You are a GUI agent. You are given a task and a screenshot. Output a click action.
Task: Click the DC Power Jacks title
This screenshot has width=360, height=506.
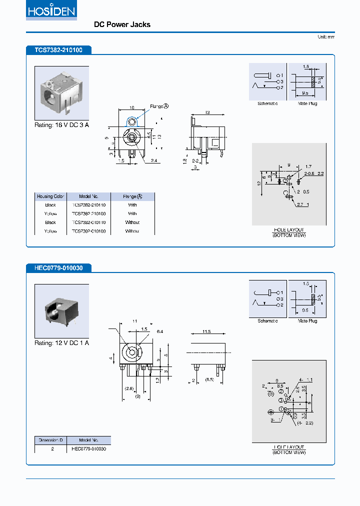[x=122, y=24]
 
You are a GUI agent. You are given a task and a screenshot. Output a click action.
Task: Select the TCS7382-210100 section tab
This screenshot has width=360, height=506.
[x=58, y=50]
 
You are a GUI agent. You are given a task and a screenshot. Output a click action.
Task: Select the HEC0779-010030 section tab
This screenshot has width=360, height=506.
[x=58, y=268]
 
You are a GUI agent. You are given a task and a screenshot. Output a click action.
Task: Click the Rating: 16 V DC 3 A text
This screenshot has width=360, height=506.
[x=61, y=125]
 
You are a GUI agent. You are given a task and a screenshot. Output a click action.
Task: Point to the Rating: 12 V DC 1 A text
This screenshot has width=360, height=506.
[x=61, y=343]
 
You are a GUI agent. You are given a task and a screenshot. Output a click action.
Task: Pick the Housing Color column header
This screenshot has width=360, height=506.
[x=50, y=196]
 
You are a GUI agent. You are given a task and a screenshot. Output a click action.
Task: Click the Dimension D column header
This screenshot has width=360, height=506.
[x=50, y=440]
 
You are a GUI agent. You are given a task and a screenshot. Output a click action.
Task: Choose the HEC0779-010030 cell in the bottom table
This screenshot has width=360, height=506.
[x=88, y=449]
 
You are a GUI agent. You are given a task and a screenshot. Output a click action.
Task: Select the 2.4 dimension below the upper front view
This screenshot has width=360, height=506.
[x=154, y=161]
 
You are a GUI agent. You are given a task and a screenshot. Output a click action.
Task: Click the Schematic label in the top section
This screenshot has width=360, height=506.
[x=267, y=103]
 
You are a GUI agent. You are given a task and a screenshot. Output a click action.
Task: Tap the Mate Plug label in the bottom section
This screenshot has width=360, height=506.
[x=307, y=321]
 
